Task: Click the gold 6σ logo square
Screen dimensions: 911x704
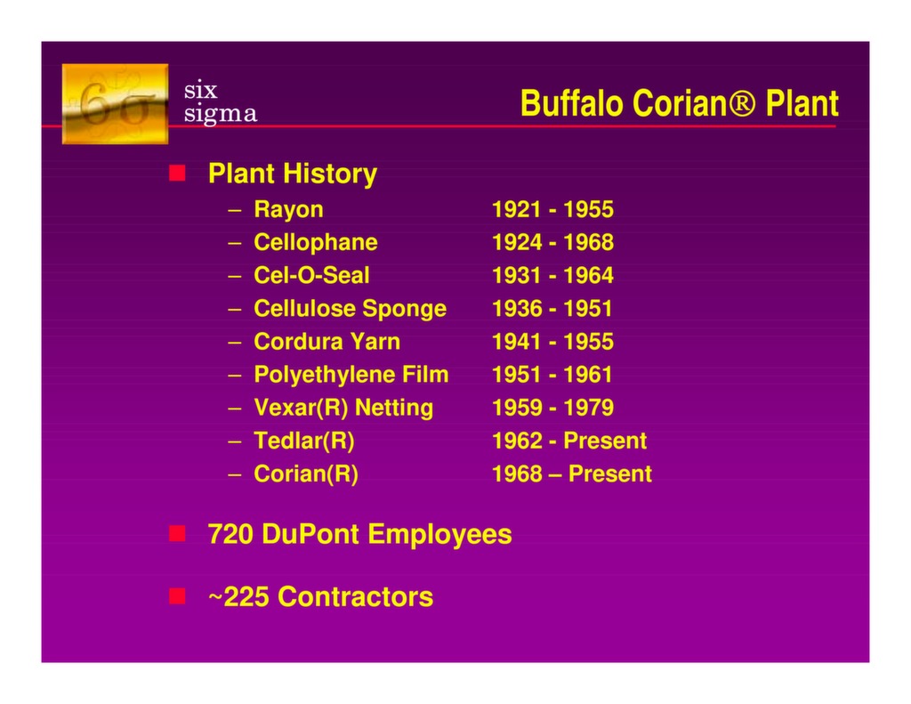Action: (x=115, y=104)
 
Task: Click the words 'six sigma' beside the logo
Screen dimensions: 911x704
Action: (x=221, y=101)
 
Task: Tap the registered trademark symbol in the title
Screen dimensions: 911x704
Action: (x=742, y=104)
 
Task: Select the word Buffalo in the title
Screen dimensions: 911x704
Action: (x=572, y=103)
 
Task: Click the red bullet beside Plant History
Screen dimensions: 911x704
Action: (x=177, y=173)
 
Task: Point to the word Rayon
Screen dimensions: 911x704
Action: (x=288, y=210)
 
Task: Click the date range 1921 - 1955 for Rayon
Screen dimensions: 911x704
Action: (x=552, y=209)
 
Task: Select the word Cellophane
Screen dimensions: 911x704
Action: (x=316, y=242)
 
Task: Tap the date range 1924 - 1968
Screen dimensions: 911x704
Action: (x=552, y=242)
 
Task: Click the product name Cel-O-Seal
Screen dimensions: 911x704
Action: (x=311, y=276)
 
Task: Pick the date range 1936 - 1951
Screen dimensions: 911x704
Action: (x=552, y=309)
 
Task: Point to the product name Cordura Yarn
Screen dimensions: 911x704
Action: (x=327, y=342)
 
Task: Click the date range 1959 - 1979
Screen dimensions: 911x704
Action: (x=552, y=408)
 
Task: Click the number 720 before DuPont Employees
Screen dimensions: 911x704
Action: (x=230, y=534)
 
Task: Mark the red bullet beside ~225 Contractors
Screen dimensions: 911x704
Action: (x=177, y=596)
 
